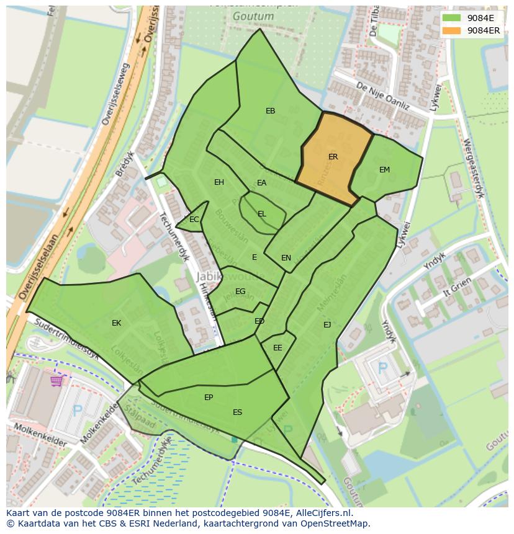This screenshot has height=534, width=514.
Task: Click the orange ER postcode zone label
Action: tap(333, 157)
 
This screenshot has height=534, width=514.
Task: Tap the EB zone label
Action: tap(270, 111)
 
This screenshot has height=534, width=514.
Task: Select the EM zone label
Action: tap(384, 170)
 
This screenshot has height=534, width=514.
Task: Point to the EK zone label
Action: tap(116, 323)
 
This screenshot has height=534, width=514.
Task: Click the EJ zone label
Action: tap(327, 324)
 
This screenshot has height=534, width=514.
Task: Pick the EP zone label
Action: tap(209, 398)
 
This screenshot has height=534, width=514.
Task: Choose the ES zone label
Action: tap(237, 412)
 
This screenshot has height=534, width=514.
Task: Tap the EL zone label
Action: tap(261, 214)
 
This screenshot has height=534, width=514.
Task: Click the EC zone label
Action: tap(194, 220)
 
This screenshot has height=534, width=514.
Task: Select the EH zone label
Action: tap(219, 182)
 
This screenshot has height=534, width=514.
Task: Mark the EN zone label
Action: tap(286, 258)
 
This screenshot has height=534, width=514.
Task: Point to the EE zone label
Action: tap(277, 348)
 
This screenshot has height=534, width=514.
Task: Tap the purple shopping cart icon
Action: tap(57, 380)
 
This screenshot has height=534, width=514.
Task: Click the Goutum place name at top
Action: tap(245, 17)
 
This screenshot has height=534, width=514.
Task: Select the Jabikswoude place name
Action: tap(230, 276)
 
